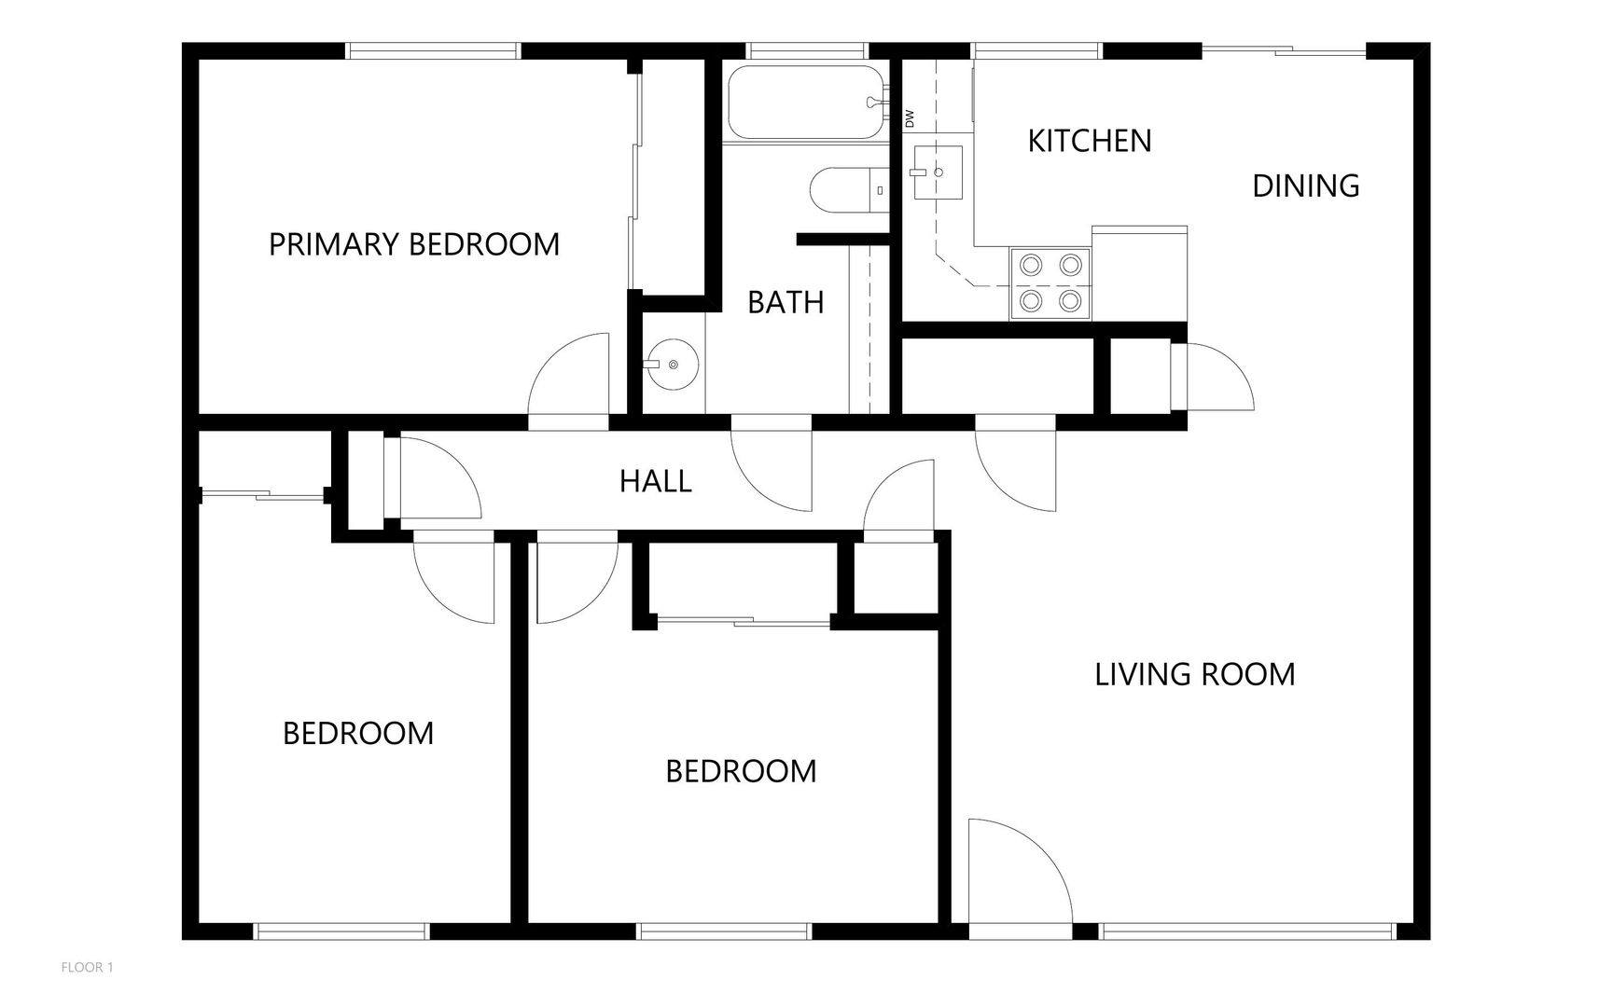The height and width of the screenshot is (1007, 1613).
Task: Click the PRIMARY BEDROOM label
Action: click(414, 244)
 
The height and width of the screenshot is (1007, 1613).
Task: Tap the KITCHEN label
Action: click(1090, 141)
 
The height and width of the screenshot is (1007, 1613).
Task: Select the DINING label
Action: click(1305, 186)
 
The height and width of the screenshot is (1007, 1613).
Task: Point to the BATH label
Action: click(786, 302)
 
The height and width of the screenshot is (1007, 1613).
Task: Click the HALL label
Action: click(656, 481)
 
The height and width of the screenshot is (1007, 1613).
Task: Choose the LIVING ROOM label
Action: click(1195, 674)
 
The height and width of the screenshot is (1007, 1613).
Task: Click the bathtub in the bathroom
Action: click(807, 102)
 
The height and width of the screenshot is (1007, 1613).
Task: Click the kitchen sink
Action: click(938, 172)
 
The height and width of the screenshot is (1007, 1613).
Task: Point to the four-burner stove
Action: click(1050, 283)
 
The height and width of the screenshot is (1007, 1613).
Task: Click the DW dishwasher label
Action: click(910, 119)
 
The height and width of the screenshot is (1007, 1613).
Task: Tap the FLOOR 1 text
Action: click(87, 968)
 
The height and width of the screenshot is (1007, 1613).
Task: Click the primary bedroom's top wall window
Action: click(434, 51)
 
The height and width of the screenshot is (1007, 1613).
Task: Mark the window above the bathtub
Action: click(808, 51)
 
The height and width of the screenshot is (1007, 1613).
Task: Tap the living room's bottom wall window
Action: click(1248, 931)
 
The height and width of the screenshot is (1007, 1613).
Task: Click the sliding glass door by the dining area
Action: click(1284, 51)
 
